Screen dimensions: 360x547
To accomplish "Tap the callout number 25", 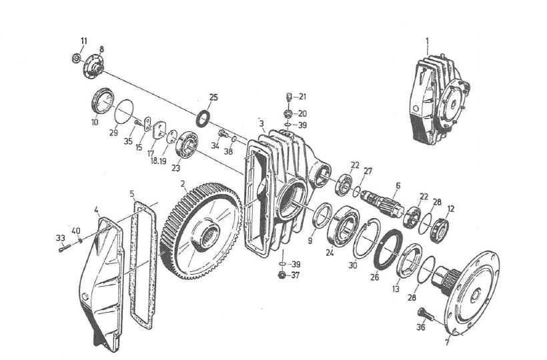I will coord(213,98).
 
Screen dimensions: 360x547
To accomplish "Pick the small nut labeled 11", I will coord(77,59).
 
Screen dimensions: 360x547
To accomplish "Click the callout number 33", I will coord(60,237).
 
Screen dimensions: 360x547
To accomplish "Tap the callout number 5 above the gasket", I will coord(132,194).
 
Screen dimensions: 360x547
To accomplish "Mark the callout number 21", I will coord(302,96).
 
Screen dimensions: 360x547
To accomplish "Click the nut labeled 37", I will coord(283,275).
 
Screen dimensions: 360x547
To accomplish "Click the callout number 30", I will coord(353,265).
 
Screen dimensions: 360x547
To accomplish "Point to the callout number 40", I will coord(76,231).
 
